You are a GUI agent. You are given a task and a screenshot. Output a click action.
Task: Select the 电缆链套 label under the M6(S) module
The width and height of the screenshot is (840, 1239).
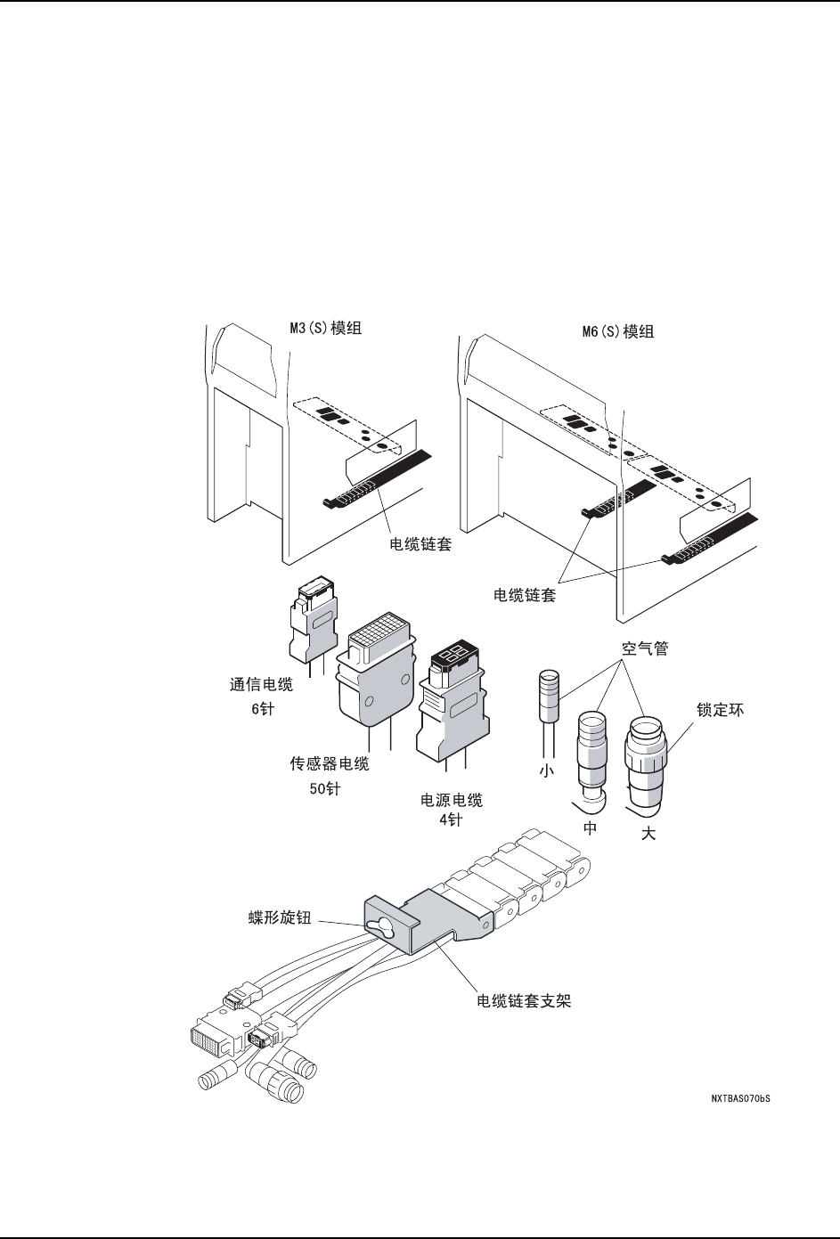click(x=526, y=595)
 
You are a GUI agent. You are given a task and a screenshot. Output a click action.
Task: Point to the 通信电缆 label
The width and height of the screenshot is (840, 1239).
click(x=262, y=685)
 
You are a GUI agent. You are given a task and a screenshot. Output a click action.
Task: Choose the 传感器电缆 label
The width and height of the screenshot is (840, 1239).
click(x=329, y=764)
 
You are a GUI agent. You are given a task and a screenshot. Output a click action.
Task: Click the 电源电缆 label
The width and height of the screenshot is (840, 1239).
click(x=452, y=800)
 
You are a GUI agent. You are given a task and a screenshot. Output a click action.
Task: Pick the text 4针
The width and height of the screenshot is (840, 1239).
click(x=452, y=820)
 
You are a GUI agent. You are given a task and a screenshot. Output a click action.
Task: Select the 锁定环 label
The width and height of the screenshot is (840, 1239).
click(x=720, y=710)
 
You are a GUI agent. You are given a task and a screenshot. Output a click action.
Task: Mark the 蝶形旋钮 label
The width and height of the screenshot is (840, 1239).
click(x=279, y=918)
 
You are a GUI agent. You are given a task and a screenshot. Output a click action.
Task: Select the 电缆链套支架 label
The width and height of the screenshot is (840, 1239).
click(x=524, y=1001)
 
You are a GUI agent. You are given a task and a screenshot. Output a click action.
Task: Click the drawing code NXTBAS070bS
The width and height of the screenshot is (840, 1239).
click(x=740, y=1099)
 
